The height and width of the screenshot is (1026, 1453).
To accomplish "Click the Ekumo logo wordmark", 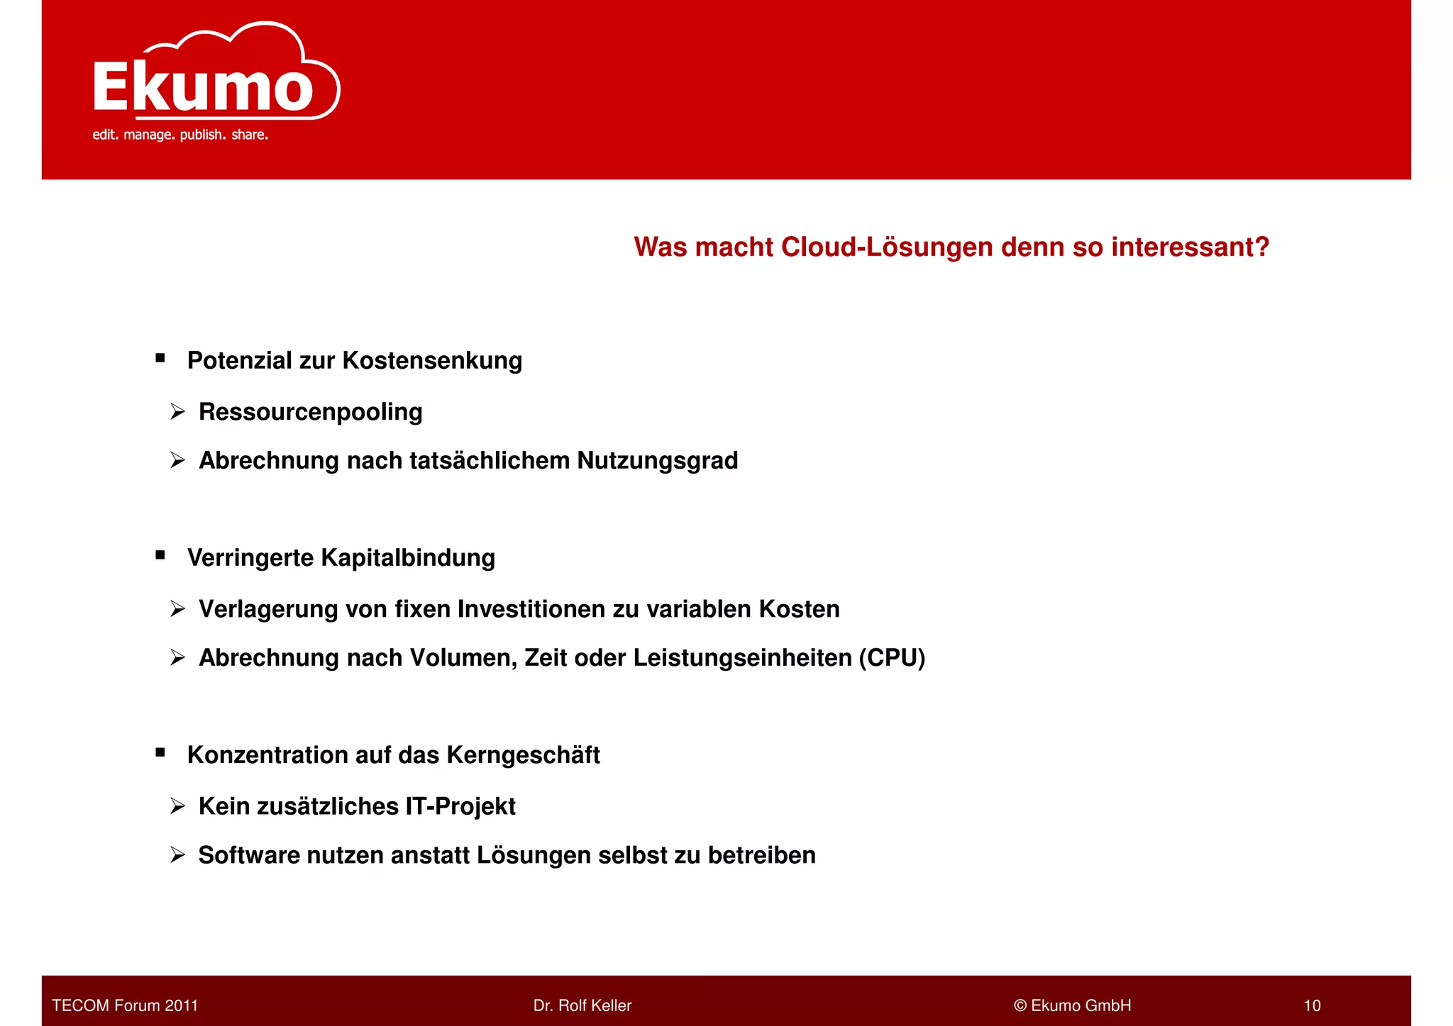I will coord(203,87).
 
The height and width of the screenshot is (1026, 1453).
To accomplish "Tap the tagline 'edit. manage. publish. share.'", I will coord(180,135).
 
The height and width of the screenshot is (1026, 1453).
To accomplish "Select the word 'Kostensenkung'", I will coord(432,361).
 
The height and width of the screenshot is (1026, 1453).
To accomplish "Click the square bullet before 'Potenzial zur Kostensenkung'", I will coord(160,359).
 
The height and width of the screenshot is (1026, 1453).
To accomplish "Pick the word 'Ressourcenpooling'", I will coord(310,412).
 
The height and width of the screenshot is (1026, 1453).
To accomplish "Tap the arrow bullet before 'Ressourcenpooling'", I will coord(177,412).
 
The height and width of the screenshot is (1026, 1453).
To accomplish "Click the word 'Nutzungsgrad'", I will coord(657,461).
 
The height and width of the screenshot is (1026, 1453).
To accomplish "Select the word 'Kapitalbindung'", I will coord(408,558).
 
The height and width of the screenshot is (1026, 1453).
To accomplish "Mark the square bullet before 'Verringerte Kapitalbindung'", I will coord(160,556).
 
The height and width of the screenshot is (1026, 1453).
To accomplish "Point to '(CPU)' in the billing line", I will coord(892,658).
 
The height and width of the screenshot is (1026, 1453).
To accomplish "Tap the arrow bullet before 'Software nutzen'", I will coord(177,855).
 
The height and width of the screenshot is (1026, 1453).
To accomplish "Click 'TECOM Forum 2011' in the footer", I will coord(125,1005).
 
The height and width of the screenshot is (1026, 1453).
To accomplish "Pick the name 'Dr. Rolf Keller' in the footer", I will coord(582,1005).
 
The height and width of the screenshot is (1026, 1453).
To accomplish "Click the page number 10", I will coord(1312,1005).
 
